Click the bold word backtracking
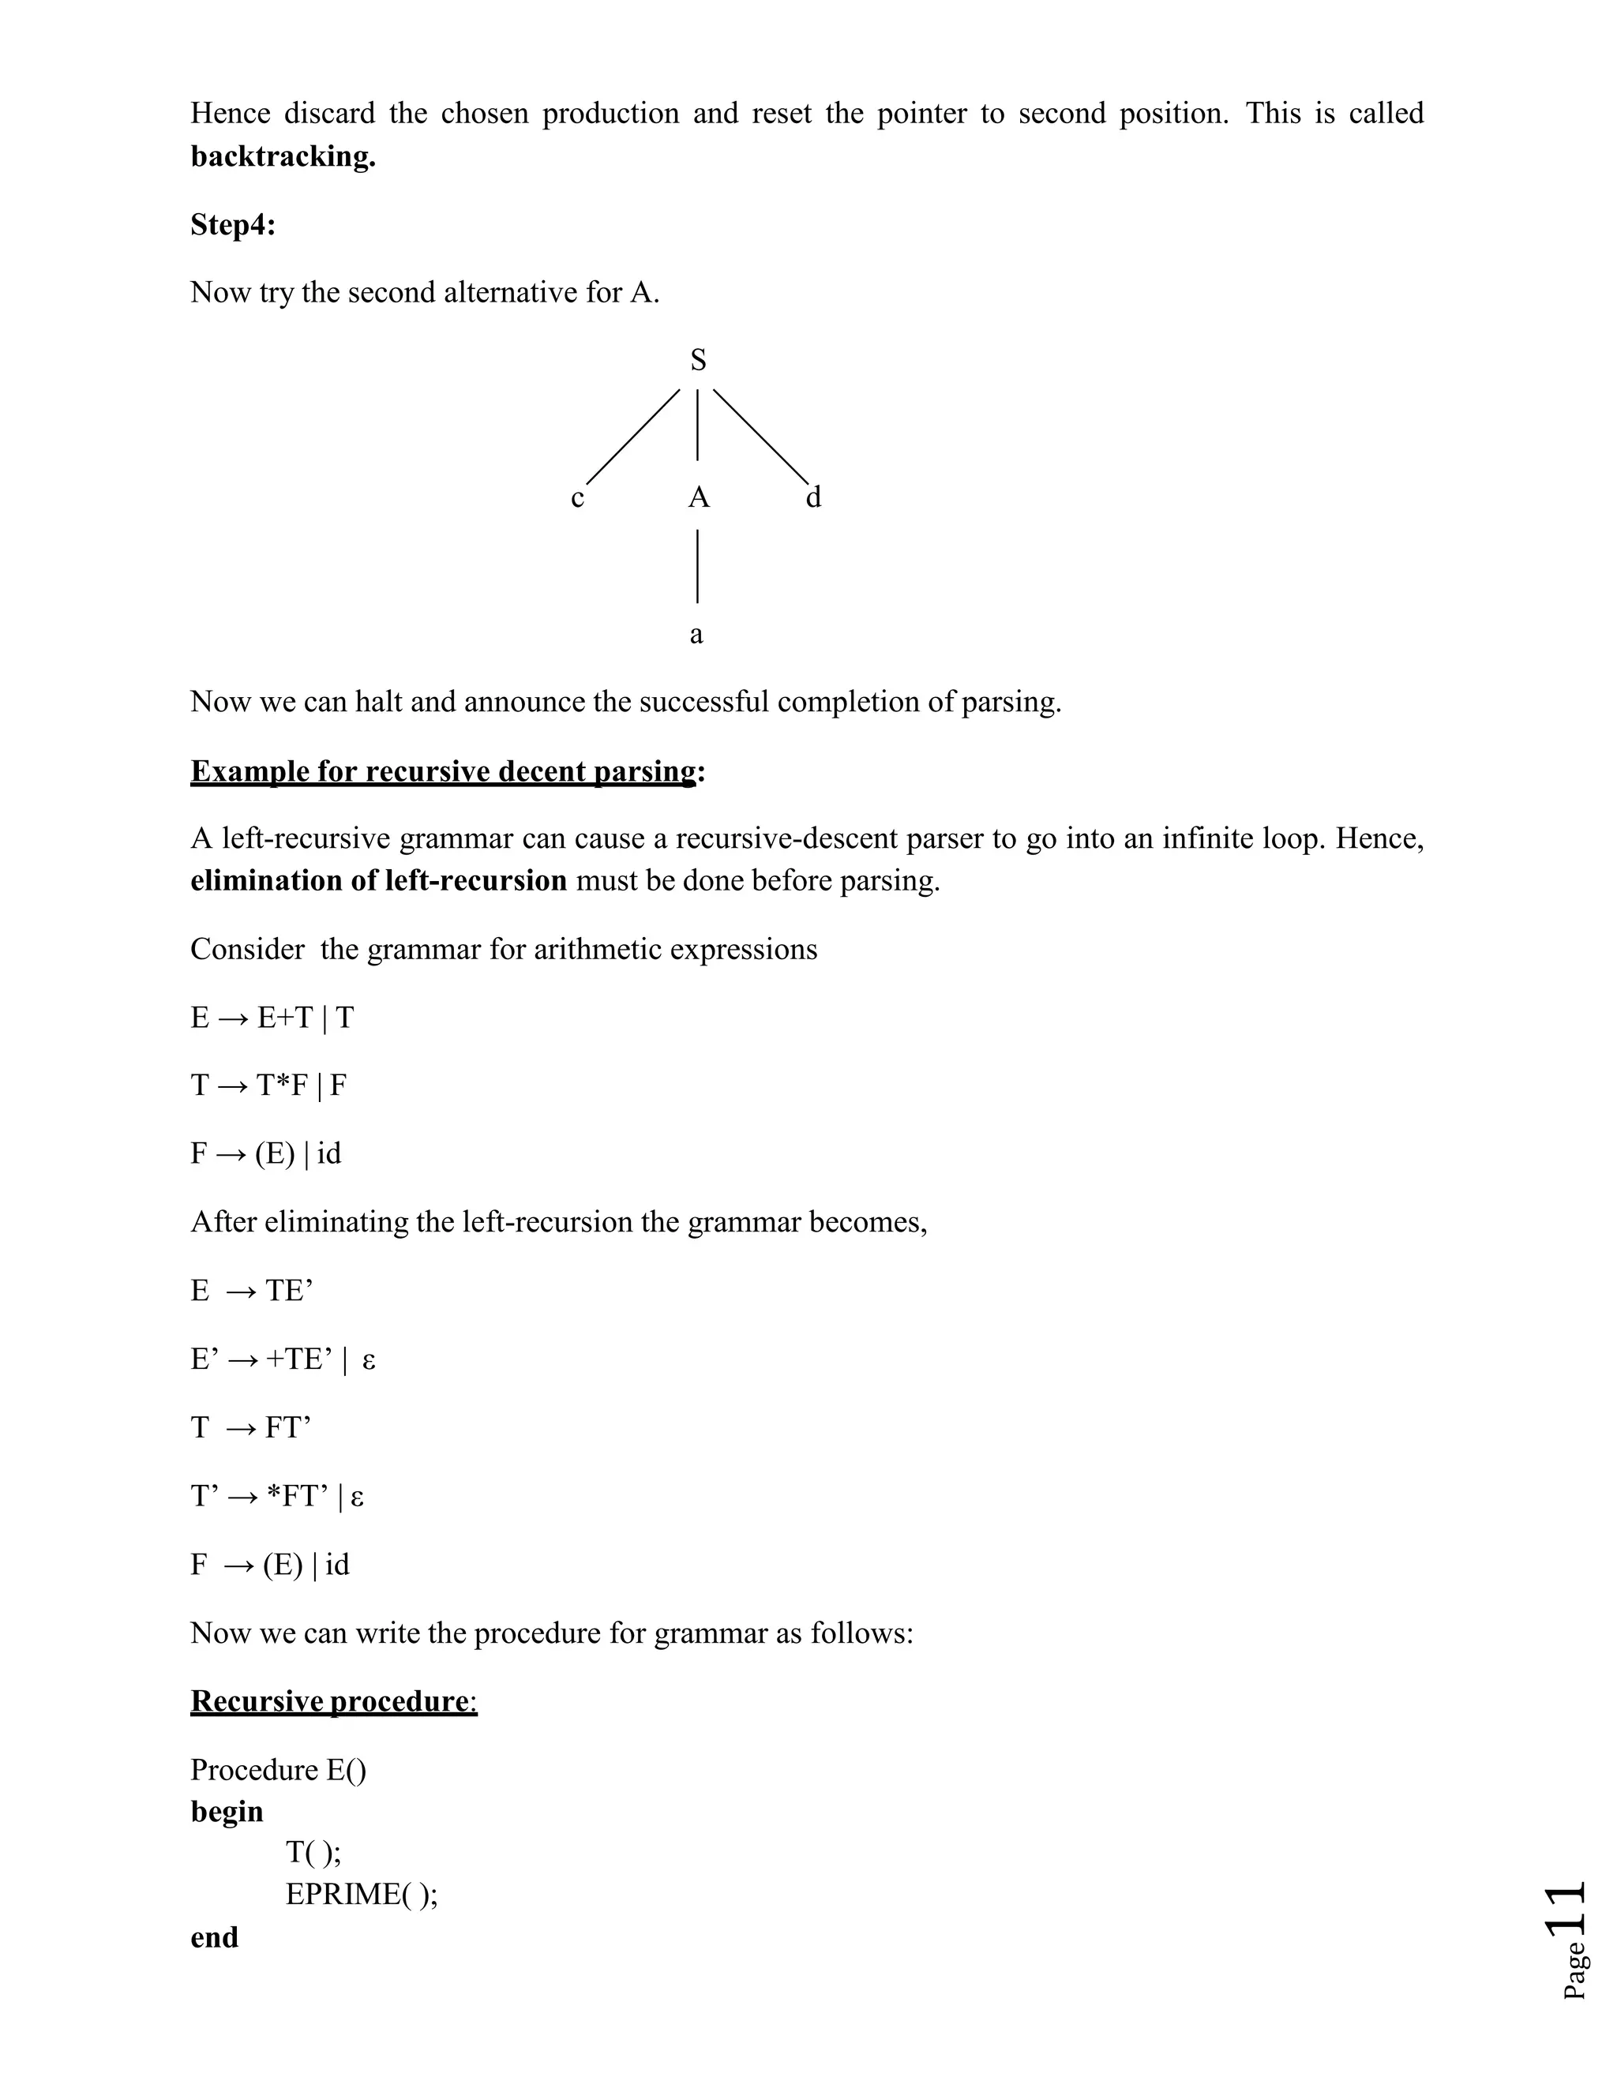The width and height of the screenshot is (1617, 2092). [283, 156]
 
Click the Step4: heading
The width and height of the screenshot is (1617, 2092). [233, 224]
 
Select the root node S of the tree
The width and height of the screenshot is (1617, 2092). [698, 360]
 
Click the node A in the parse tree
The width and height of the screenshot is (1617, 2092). [698, 497]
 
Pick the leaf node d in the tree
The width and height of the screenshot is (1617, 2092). [813, 497]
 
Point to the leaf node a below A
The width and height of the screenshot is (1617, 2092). [696, 634]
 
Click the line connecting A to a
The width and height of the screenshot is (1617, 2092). [697, 567]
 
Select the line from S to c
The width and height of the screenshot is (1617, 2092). [632, 436]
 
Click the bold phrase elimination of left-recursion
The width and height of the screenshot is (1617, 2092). [378, 880]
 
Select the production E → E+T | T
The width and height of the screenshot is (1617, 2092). [272, 1018]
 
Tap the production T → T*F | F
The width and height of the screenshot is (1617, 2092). [268, 1085]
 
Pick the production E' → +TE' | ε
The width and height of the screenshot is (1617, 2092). [283, 1359]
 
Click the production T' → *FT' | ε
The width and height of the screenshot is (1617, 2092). [277, 1496]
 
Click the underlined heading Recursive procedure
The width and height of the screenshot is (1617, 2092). [332, 1701]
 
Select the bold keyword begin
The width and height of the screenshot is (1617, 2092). [227, 1811]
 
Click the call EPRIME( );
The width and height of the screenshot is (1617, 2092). [361, 1894]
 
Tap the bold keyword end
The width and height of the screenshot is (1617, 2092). [215, 1936]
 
